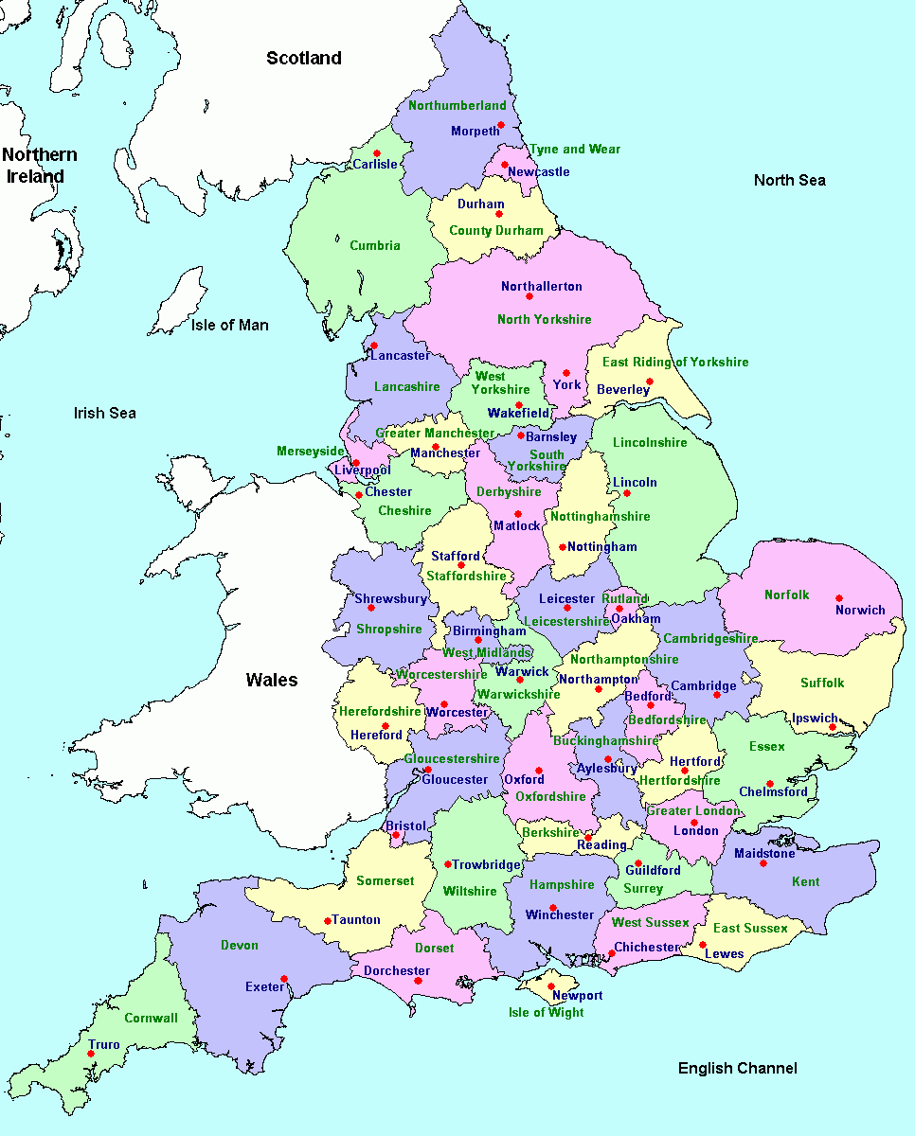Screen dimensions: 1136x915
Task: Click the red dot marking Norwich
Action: [838, 598]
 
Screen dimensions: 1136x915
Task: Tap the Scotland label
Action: [303, 59]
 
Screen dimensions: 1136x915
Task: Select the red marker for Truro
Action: [92, 1054]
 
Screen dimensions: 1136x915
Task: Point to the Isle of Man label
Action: [229, 326]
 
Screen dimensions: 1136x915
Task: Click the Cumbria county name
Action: [375, 246]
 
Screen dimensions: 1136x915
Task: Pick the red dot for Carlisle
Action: [377, 153]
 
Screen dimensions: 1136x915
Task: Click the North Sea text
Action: [789, 181]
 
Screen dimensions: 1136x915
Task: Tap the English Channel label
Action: [737, 1069]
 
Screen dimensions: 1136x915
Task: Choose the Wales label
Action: [272, 680]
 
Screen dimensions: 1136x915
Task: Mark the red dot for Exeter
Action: [284, 979]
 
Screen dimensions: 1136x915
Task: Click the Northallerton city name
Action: [542, 287]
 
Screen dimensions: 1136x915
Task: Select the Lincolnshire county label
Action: [650, 443]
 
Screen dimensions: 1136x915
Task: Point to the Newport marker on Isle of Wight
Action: [550, 986]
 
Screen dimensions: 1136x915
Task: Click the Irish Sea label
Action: [105, 413]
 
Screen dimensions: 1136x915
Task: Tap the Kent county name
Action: [805, 882]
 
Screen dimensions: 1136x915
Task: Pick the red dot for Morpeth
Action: [501, 125]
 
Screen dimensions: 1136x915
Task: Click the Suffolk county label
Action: [821, 683]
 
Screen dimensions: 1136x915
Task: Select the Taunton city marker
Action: [328, 920]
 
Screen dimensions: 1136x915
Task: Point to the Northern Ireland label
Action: [39, 166]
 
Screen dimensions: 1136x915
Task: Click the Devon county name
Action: [239, 946]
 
